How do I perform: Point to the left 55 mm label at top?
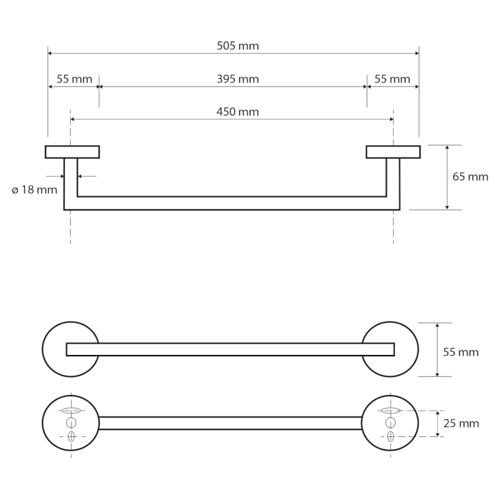74,79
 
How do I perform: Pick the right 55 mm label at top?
392,79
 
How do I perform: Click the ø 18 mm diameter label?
34,189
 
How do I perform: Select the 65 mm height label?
470,177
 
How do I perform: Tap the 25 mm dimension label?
461,424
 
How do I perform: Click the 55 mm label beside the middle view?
461,352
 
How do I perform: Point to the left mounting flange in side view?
72,152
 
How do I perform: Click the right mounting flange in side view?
392,152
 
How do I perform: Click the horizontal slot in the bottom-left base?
71,411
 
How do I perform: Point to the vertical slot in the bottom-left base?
71,437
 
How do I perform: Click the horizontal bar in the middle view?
231,349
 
